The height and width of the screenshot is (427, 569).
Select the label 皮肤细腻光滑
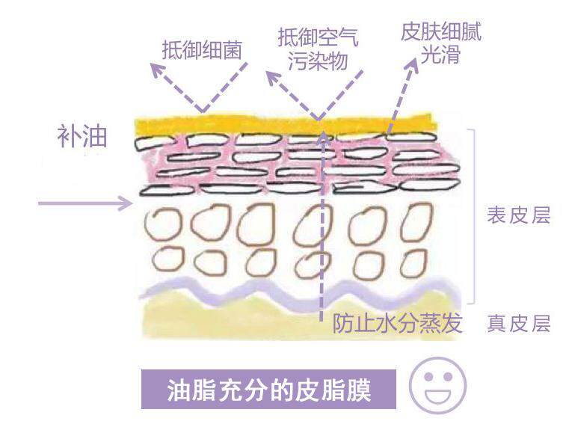coord(440,43)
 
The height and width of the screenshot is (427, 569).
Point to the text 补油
coord(83,137)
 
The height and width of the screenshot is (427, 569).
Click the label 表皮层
coord(518,216)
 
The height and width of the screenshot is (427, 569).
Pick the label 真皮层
coord(518,324)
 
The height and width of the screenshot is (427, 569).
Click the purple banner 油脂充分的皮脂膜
coord(268,390)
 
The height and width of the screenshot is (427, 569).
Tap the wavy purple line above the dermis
coord(299,289)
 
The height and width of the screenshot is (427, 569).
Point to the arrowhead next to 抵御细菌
coord(155,68)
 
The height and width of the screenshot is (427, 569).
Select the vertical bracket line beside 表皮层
coord(476,213)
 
